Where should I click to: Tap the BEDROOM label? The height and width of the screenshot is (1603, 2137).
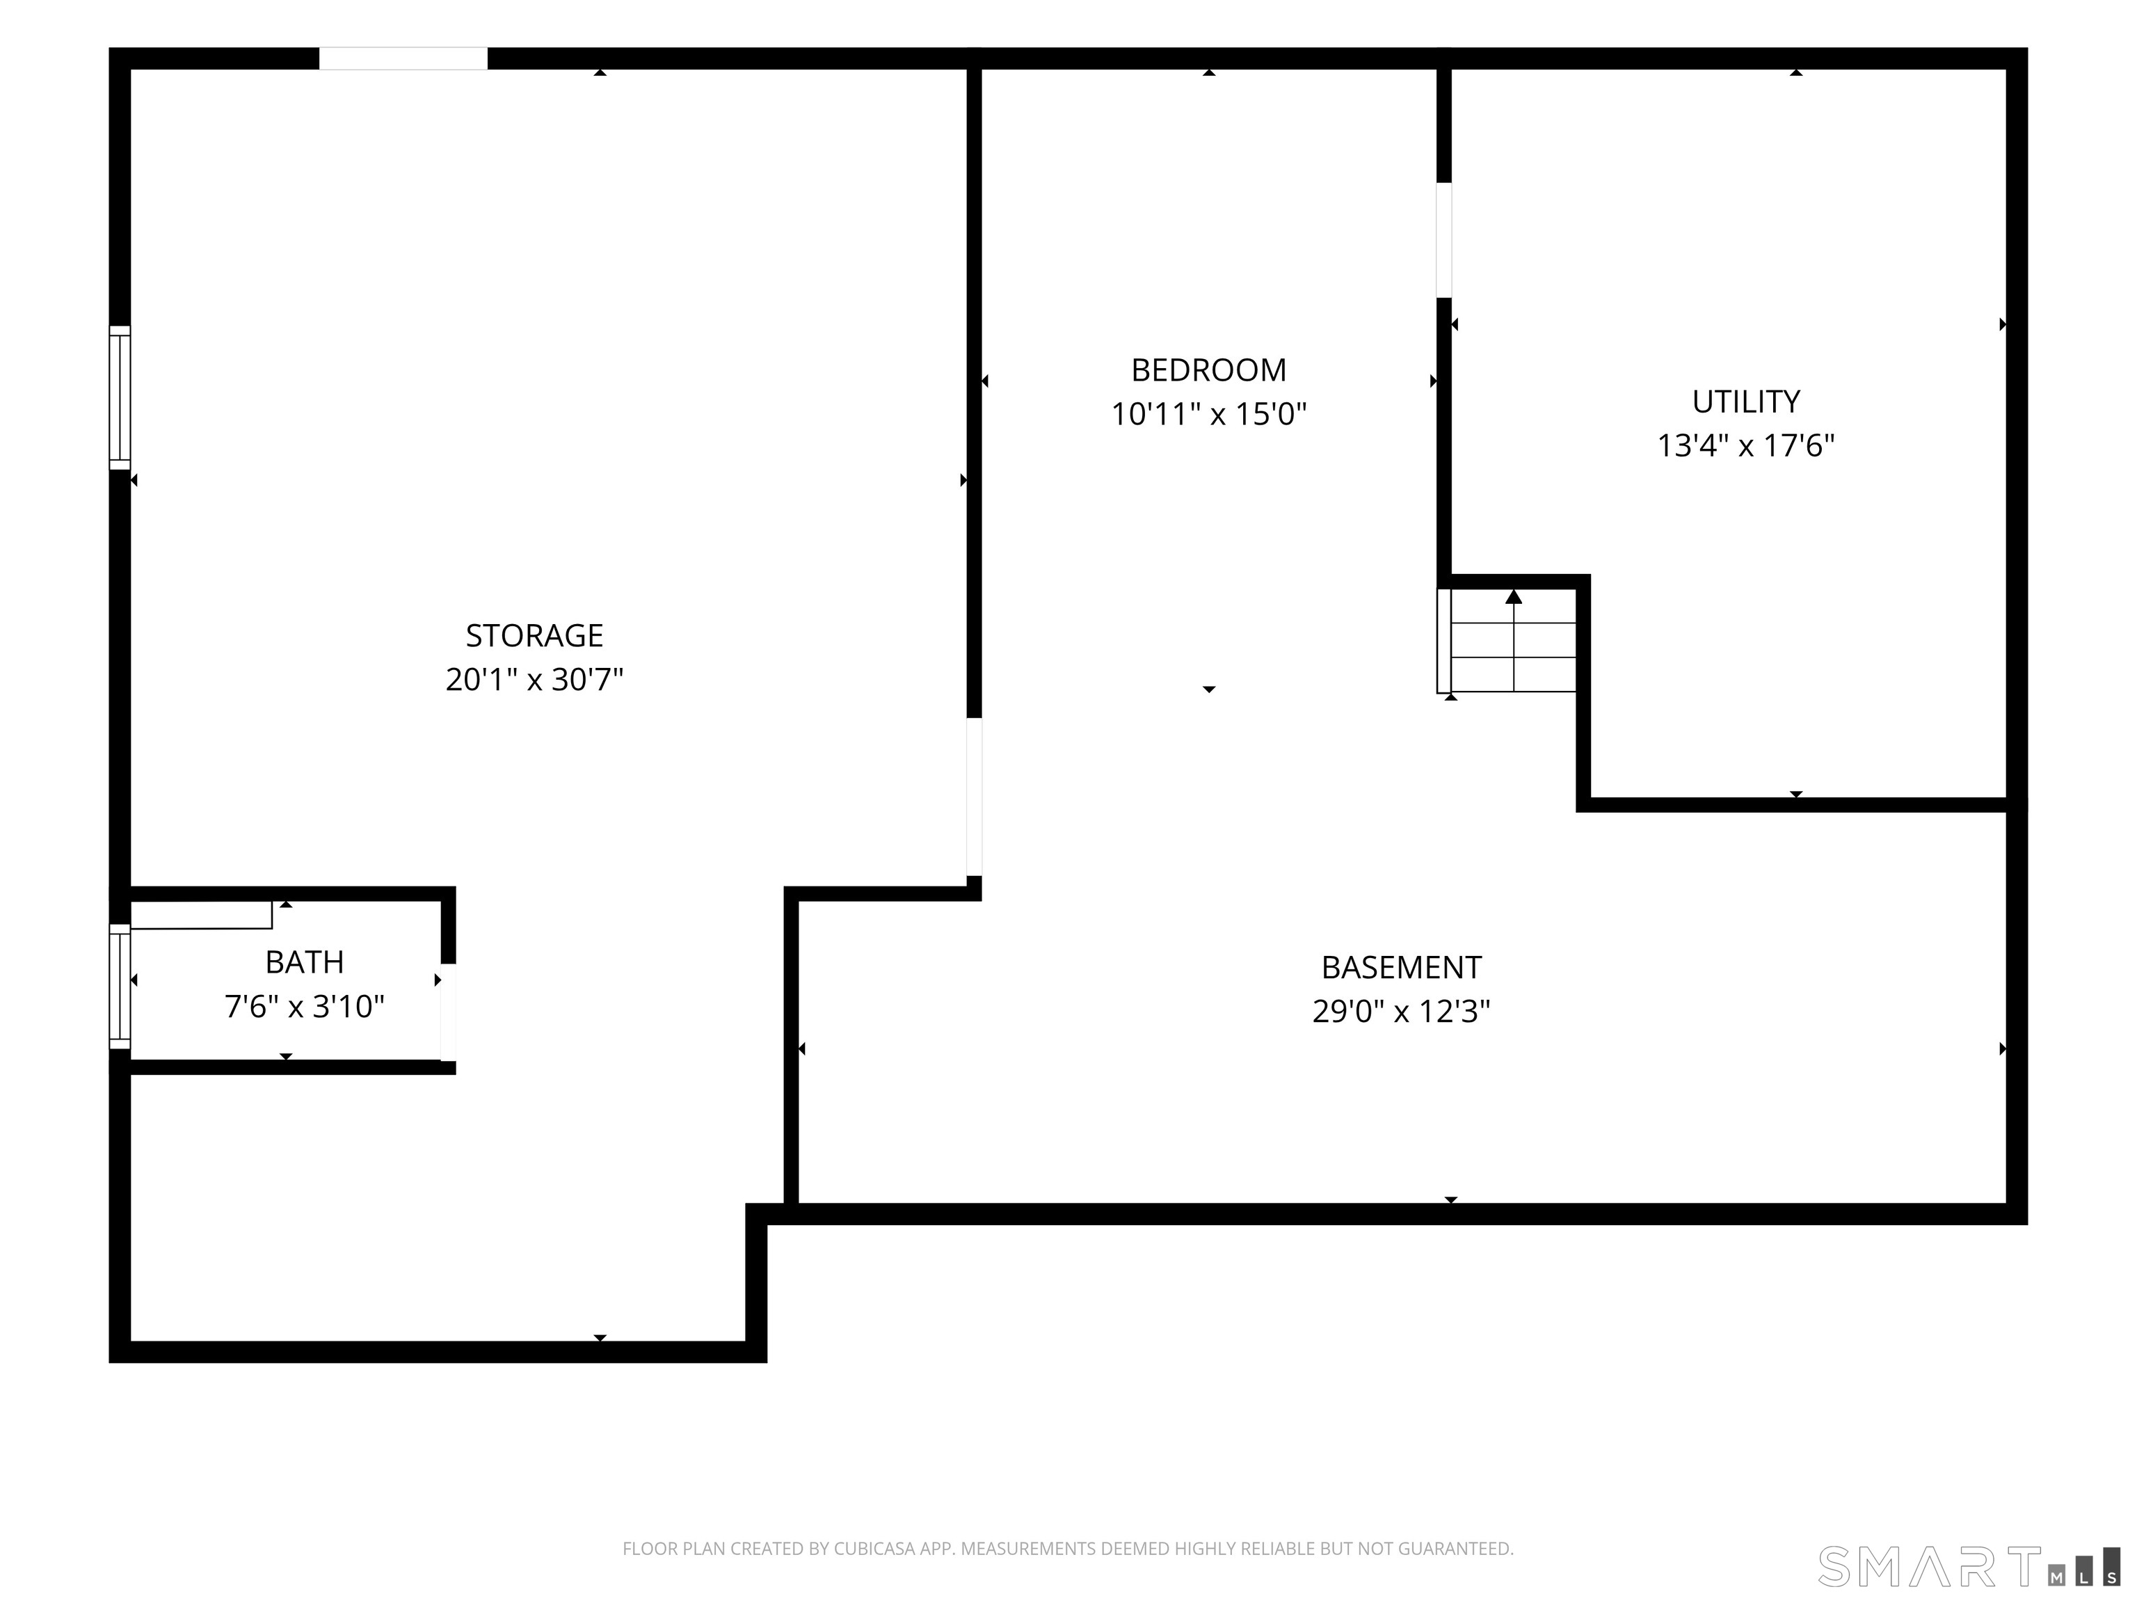(x=1208, y=369)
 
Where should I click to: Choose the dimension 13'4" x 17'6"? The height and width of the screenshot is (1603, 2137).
(x=1746, y=445)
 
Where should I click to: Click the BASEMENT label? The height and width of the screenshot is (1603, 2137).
(x=1401, y=966)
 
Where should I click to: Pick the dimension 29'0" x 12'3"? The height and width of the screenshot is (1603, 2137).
(x=1401, y=1011)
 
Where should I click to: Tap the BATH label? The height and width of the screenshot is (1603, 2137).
(x=304, y=962)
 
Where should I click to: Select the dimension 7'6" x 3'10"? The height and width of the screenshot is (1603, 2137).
(x=304, y=1006)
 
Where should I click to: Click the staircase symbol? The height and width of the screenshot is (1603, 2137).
(x=1507, y=641)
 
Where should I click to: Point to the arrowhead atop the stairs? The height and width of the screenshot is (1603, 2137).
(x=1514, y=596)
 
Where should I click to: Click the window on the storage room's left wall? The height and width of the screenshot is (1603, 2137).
(x=120, y=397)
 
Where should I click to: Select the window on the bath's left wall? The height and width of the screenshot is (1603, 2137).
(x=120, y=986)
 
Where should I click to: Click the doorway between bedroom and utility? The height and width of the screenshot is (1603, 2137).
(x=1444, y=239)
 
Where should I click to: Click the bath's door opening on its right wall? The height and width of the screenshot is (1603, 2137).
(x=448, y=1012)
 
